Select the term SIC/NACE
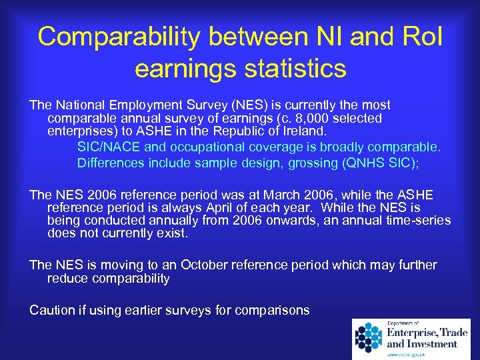coord(108,147)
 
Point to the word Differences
coord(111,162)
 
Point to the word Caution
coord(52,310)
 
